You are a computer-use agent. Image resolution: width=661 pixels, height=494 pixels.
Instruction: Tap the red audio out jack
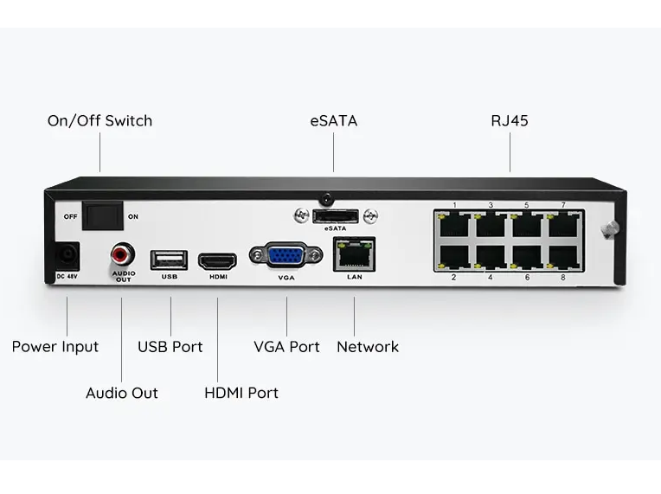122,254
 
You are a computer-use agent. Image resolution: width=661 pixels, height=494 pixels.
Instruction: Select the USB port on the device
170,259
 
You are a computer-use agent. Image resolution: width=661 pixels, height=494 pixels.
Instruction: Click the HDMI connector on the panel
218,260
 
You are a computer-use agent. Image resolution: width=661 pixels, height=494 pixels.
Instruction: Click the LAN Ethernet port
354,253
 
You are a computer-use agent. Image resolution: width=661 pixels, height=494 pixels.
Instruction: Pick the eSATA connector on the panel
335,215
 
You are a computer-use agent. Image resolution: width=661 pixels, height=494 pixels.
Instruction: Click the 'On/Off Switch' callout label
99,121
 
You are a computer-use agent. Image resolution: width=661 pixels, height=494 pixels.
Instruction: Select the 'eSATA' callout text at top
334,121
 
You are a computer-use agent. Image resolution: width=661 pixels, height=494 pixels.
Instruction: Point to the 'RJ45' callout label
510,121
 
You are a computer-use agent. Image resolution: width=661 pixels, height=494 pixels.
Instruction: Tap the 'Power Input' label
55,347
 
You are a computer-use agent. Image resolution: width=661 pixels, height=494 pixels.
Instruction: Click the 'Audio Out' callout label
122,393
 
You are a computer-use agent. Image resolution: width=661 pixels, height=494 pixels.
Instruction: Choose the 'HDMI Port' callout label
241,393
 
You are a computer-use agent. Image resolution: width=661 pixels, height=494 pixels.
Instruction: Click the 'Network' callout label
368,347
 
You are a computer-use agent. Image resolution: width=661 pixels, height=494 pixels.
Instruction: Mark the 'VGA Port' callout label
286,347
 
